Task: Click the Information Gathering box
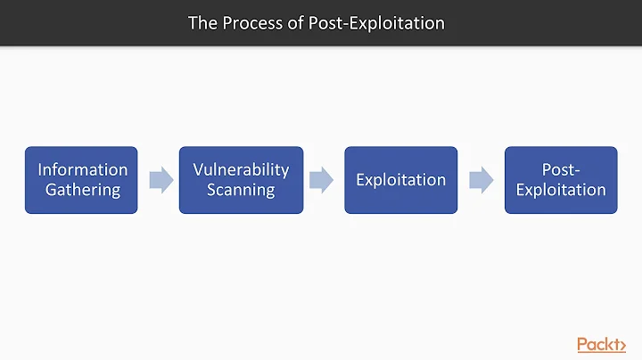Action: (81, 180)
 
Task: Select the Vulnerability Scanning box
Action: (241, 180)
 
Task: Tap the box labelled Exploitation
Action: (400, 180)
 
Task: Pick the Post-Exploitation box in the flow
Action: (561, 180)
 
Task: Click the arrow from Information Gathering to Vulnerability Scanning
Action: (160, 180)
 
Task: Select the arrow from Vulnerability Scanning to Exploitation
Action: (321, 180)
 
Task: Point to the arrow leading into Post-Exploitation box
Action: (481, 180)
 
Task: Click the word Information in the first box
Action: (82, 169)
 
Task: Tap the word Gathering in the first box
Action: (82, 190)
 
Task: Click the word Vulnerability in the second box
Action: (241, 169)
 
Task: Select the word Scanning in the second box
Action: (241, 190)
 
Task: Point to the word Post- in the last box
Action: (561, 169)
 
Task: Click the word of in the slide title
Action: (296, 23)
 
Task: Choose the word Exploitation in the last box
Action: (561, 190)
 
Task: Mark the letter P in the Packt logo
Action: (583, 344)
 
